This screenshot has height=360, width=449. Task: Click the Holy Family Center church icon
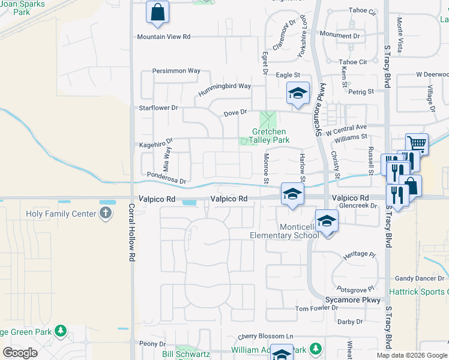[106, 213]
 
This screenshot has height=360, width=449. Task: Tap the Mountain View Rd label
[163, 37]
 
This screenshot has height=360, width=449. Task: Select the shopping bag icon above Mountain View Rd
[157, 13]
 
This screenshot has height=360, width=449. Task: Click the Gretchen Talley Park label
[269, 136]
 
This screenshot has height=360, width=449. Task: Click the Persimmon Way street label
[176, 71]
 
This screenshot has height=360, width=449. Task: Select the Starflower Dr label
[158, 108]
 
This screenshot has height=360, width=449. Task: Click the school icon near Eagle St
[297, 94]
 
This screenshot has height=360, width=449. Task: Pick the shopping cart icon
[416, 143]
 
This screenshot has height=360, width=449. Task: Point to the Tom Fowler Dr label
[317, 308]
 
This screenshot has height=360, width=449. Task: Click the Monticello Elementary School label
[285, 231]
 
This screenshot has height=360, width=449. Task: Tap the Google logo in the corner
[20, 353]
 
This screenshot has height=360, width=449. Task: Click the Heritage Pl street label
[359, 254]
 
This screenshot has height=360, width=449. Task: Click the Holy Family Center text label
[61, 214]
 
